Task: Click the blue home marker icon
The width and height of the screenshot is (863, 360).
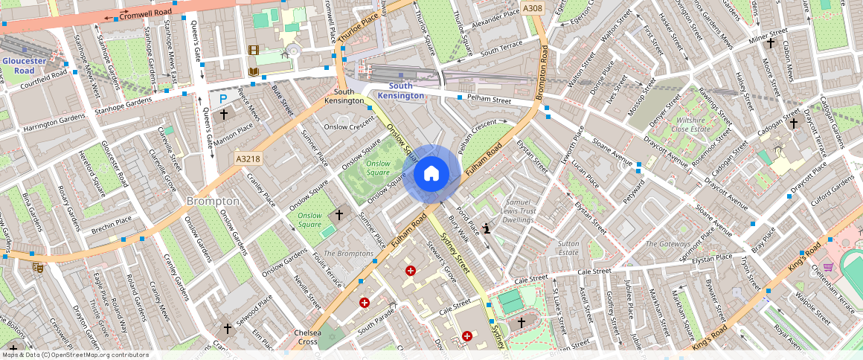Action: pyautogui.click(x=431, y=174)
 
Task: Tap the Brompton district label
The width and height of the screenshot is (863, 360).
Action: pyautogui.click(x=213, y=201)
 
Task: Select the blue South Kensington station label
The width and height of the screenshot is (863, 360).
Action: pyautogui.click(x=400, y=91)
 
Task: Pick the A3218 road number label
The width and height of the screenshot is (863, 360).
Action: pyautogui.click(x=248, y=158)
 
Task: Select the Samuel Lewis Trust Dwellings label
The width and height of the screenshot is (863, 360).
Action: pyautogui.click(x=519, y=210)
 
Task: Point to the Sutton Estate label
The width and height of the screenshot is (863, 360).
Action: pyautogui.click(x=568, y=248)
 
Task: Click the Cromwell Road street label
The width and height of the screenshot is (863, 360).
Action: pyautogui.click(x=145, y=14)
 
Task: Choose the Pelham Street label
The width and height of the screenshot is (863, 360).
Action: pyautogui.click(x=490, y=100)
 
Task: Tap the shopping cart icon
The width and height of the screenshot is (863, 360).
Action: pyautogui.click(x=828, y=267)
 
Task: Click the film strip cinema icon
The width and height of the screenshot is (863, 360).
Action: pyautogui.click(x=254, y=51)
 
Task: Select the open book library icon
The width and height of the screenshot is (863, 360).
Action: pyautogui.click(x=254, y=71)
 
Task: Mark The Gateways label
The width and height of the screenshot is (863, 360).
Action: pyautogui.click(x=667, y=244)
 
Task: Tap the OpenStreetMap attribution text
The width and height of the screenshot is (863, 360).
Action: pyautogui.click(x=75, y=355)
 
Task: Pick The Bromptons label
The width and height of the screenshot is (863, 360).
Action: pyautogui.click(x=349, y=254)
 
